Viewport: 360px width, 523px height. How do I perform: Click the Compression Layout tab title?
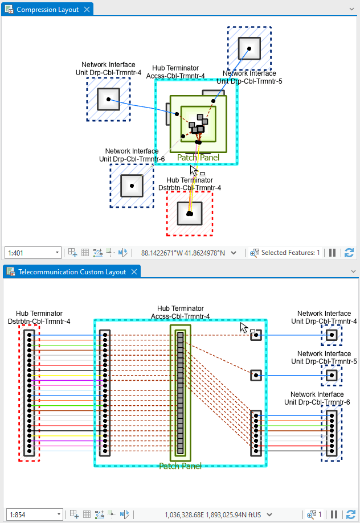[47, 10]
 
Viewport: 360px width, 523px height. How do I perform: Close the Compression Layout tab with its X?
[87, 10]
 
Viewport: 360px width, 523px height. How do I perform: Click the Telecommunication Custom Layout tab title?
[72, 272]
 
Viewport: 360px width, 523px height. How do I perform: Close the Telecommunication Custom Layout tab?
[134, 272]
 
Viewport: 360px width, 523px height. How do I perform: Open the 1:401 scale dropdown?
[57, 253]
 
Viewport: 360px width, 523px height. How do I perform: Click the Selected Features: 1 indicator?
[287, 253]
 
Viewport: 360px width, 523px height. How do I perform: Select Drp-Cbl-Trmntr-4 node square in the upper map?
[108, 100]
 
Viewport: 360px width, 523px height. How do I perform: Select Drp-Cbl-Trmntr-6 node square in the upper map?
[132, 186]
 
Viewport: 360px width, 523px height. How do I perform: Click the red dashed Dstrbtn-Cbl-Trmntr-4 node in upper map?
[190, 213]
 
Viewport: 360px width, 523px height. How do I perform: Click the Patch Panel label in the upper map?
[198, 158]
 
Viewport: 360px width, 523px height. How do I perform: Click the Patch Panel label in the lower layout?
[180, 466]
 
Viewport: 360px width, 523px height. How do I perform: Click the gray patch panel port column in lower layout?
[181, 393]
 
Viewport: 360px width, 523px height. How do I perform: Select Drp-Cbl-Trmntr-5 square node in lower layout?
[331, 375]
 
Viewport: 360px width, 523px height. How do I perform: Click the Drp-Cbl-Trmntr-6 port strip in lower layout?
[331, 433]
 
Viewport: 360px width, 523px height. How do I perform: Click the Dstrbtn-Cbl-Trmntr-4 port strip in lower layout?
[29, 393]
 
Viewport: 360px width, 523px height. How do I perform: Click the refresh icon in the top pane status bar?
[349, 253]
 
